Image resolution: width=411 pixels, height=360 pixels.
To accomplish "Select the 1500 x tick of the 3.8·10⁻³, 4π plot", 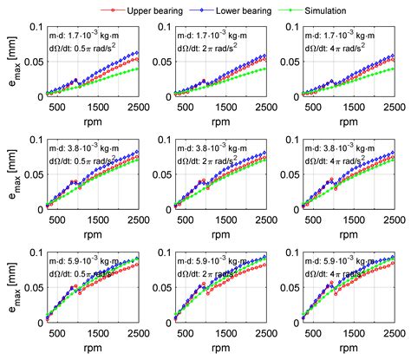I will click(355, 220).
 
